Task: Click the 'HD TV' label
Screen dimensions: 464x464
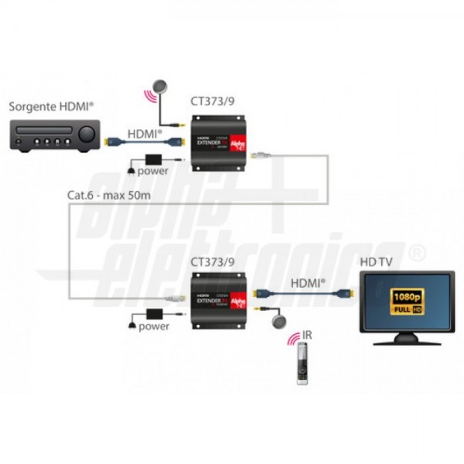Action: pos(376,261)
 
